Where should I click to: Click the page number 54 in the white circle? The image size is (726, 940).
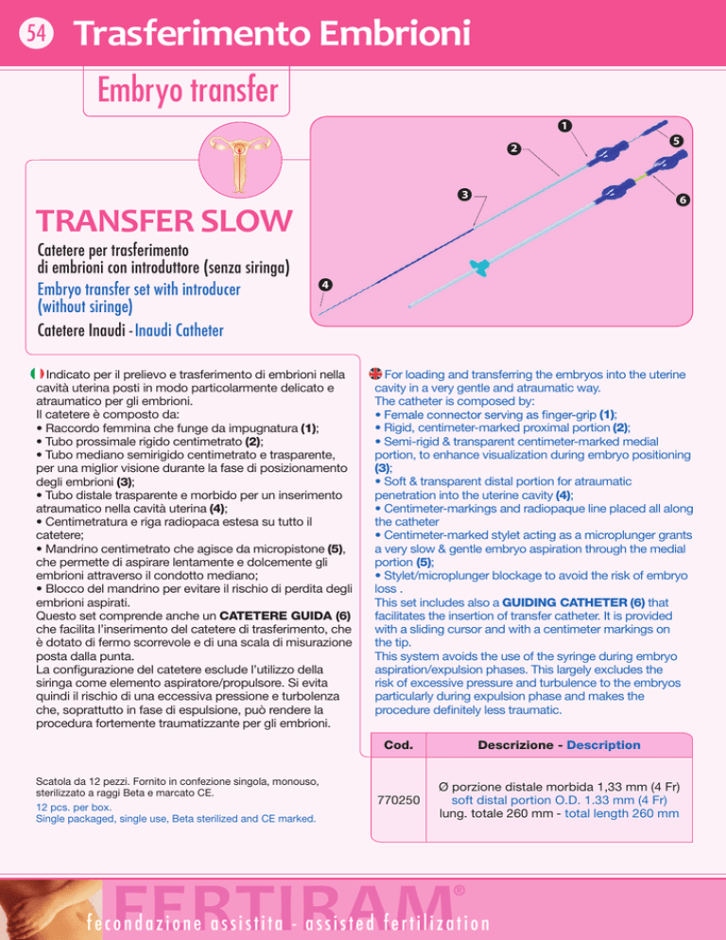[x=36, y=32]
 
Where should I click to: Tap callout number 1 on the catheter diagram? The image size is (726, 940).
[x=564, y=126]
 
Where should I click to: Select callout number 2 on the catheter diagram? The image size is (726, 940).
[x=513, y=148]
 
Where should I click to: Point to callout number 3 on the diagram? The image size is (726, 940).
[x=464, y=195]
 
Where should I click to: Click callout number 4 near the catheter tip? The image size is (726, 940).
[x=325, y=285]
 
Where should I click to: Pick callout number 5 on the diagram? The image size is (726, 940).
[x=676, y=141]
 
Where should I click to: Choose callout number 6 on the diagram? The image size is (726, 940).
[x=683, y=200]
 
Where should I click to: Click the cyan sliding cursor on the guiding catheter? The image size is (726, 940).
[x=479, y=267]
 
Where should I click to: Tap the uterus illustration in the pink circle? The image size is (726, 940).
[x=240, y=160]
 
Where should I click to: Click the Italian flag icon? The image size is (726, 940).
[x=37, y=374]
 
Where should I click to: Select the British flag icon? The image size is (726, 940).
[x=375, y=374]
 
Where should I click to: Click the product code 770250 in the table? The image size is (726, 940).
[x=398, y=800]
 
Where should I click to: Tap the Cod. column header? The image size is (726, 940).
[x=398, y=745]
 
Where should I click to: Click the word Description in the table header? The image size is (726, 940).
[x=603, y=745]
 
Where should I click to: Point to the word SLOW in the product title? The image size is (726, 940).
[x=246, y=220]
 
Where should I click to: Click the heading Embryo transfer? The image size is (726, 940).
[x=188, y=91]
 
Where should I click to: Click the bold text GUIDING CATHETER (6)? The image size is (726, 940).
[x=573, y=602]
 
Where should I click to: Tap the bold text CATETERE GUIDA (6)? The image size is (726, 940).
[x=285, y=616]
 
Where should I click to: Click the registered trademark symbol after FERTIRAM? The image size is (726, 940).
[x=459, y=891]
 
